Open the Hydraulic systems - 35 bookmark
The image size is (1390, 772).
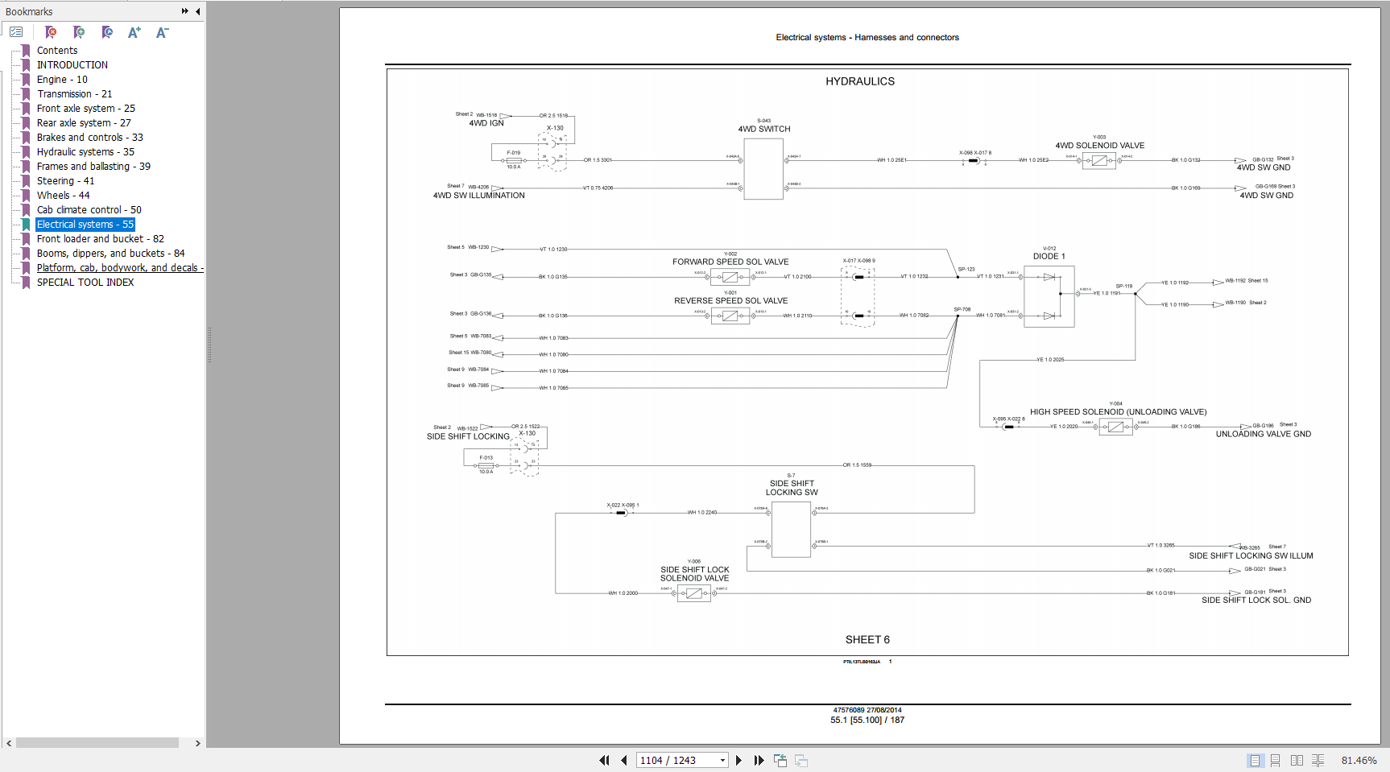(85, 152)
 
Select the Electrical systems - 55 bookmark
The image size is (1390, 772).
(85, 225)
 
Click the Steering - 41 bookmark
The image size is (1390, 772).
(65, 181)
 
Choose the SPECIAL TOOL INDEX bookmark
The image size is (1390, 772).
(85, 283)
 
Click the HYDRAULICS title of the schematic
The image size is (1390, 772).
(859, 81)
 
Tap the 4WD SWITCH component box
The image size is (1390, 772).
(763, 169)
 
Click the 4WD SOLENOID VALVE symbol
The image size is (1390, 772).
(1098, 160)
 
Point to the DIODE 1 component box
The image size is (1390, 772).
(1049, 296)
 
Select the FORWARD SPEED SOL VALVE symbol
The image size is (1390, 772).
(730, 277)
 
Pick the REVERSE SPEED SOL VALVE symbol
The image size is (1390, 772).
(730, 316)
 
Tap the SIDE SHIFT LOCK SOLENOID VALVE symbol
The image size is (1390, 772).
(693, 593)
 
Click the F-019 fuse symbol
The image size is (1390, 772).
(514, 160)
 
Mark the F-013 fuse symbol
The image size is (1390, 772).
(486, 465)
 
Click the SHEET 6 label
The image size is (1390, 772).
(867, 640)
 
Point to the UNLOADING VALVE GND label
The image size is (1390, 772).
(1263, 434)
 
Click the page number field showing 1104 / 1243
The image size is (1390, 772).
(676, 760)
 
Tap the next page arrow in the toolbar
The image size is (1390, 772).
(738, 760)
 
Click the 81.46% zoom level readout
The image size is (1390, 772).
(1359, 760)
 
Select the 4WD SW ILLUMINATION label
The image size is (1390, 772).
(478, 196)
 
